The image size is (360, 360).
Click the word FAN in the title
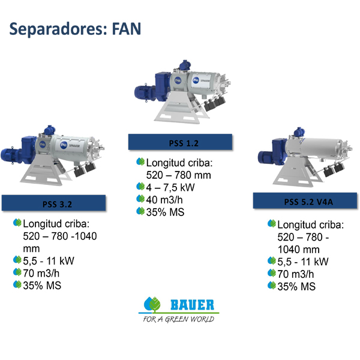pyautogui.click(x=127, y=29)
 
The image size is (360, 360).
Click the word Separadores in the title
pyautogui.click(x=58, y=29)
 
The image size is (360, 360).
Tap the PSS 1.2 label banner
pyautogui.click(x=180, y=142)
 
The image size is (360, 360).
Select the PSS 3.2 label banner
pyautogui.click(x=54, y=203)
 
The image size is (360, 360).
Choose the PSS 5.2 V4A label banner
pyautogui.click(x=305, y=200)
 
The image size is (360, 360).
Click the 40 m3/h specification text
pyautogui.click(x=164, y=200)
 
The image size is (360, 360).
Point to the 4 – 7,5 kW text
pyautogui.click(x=170, y=188)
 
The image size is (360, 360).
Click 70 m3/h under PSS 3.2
pyautogui.click(x=41, y=274)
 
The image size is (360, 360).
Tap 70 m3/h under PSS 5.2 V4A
pyautogui.click(x=295, y=274)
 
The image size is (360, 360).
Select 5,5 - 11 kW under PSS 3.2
pyautogui.click(x=49, y=261)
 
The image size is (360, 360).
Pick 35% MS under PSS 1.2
pyautogui.click(x=166, y=212)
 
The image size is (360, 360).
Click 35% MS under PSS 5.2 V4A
pyautogui.click(x=296, y=287)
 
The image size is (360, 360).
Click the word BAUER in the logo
pyautogui.click(x=192, y=305)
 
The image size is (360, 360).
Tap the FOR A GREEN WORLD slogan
pyautogui.click(x=178, y=319)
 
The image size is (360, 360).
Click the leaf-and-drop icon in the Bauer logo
pyautogui.click(x=152, y=304)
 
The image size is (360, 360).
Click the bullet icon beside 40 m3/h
pyautogui.click(x=140, y=199)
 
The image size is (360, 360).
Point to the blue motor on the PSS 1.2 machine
pyautogui.click(x=145, y=93)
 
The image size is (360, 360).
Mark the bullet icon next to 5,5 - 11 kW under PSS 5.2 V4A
pyautogui.click(x=272, y=260)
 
